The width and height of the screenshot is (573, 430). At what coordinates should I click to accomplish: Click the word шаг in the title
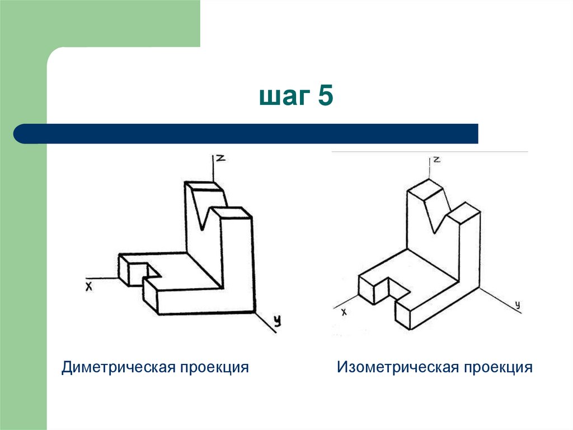tap(284, 97)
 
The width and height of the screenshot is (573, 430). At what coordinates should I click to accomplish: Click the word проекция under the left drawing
tap(214, 368)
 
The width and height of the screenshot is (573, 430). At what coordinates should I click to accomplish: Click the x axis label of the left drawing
tap(88, 286)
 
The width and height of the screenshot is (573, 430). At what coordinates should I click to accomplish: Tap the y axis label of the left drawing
tap(276, 321)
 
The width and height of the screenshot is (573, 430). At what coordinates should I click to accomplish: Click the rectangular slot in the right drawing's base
tap(398, 289)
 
